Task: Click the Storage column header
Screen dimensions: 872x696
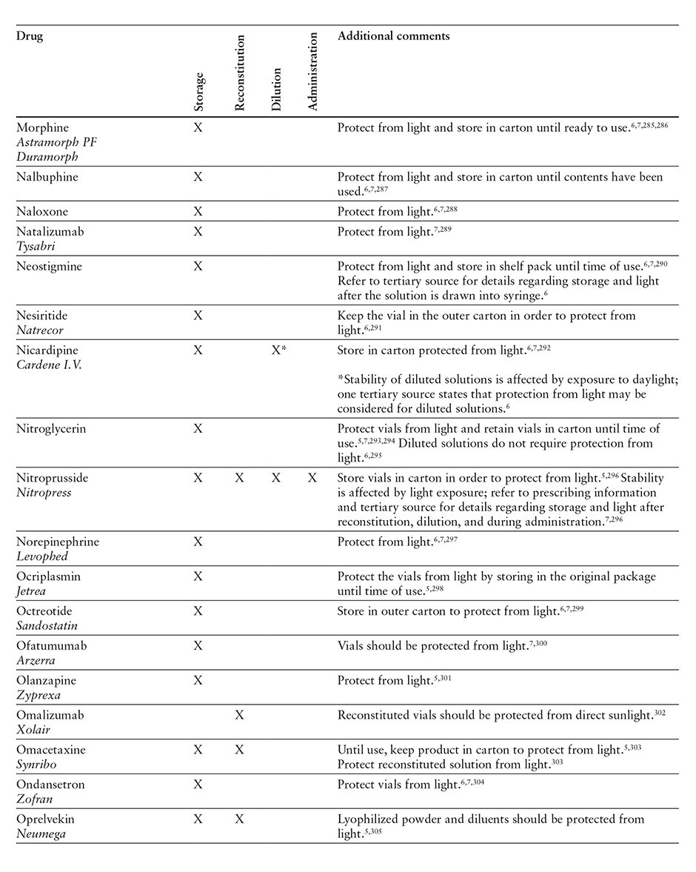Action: coord(198,92)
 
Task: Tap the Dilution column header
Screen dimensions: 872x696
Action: coord(276,89)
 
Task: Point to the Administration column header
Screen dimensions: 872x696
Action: coord(312,71)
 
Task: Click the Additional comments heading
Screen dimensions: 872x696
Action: coord(393,36)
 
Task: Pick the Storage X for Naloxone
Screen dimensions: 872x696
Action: coord(198,212)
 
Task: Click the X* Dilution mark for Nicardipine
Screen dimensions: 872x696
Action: coord(279,350)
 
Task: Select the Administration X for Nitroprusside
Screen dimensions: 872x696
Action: coord(312,478)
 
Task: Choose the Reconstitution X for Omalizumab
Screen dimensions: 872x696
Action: coord(238,715)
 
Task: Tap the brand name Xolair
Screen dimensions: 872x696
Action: coord(33,730)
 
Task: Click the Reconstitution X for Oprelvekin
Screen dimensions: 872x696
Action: coord(238,819)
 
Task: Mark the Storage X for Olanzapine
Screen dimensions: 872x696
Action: coord(198,680)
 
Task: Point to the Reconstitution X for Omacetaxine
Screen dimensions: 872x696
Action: coord(238,750)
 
